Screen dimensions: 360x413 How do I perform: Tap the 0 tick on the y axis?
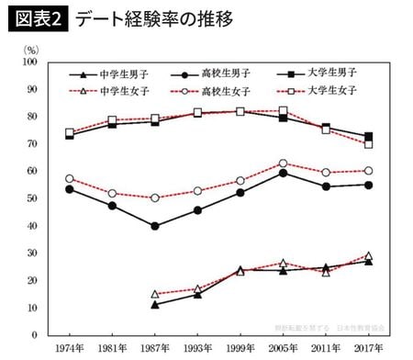tap(34, 334)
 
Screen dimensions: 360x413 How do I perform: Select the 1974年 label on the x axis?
tap(69, 348)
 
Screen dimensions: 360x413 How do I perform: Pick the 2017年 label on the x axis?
tap(369, 348)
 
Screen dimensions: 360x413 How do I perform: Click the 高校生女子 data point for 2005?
tap(284, 163)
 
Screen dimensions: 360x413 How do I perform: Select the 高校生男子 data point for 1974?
tap(69, 189)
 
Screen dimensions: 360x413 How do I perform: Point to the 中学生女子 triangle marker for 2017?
tap(369, 256)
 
